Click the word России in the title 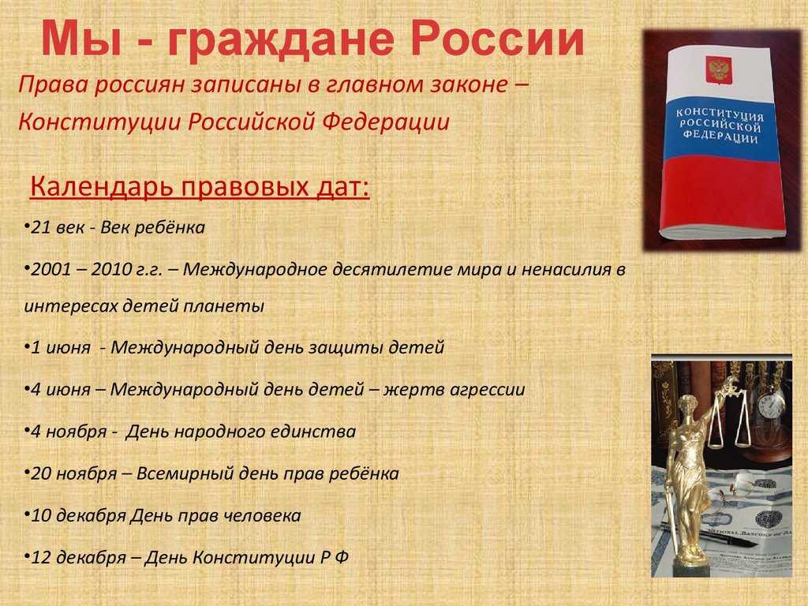tap(497, 39)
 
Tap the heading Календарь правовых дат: tap(200, 186)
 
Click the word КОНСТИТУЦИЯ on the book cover tap(720, 115)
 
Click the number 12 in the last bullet tap(40, 558)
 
